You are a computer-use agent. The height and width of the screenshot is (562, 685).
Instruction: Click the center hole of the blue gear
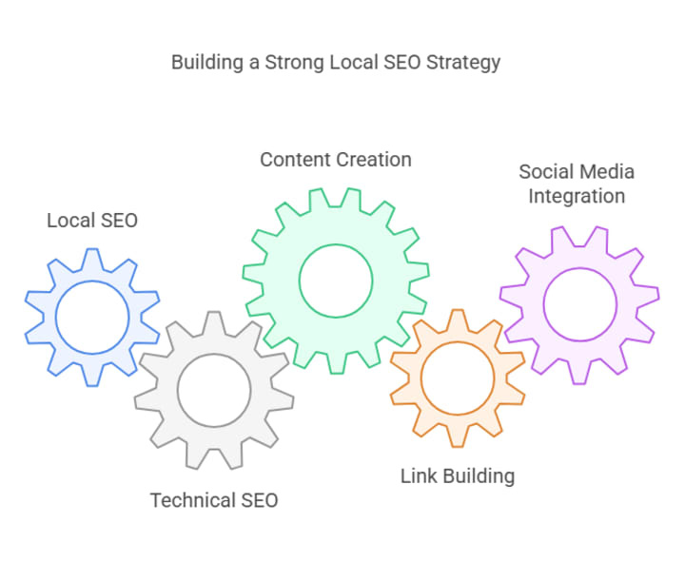coord(92,317)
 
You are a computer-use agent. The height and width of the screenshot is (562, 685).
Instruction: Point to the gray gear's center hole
coord(214,391)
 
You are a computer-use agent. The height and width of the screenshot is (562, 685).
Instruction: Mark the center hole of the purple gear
coord(579,304)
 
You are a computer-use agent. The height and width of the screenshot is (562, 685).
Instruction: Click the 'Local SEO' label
coord(92,221)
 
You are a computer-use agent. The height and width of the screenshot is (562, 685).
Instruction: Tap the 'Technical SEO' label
coord(214,499)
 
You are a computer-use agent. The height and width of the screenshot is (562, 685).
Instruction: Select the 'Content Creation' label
coord(336,159)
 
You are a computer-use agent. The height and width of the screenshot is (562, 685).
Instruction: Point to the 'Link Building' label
coord(458,475)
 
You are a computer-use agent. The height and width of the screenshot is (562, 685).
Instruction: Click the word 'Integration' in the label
coord(577,197)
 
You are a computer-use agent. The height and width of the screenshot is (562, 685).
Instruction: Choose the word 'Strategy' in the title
coord(464,63)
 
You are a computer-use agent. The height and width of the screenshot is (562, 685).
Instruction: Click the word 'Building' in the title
coord(205,63)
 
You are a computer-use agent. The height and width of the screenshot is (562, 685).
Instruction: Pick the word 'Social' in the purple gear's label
coord(545,172)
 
